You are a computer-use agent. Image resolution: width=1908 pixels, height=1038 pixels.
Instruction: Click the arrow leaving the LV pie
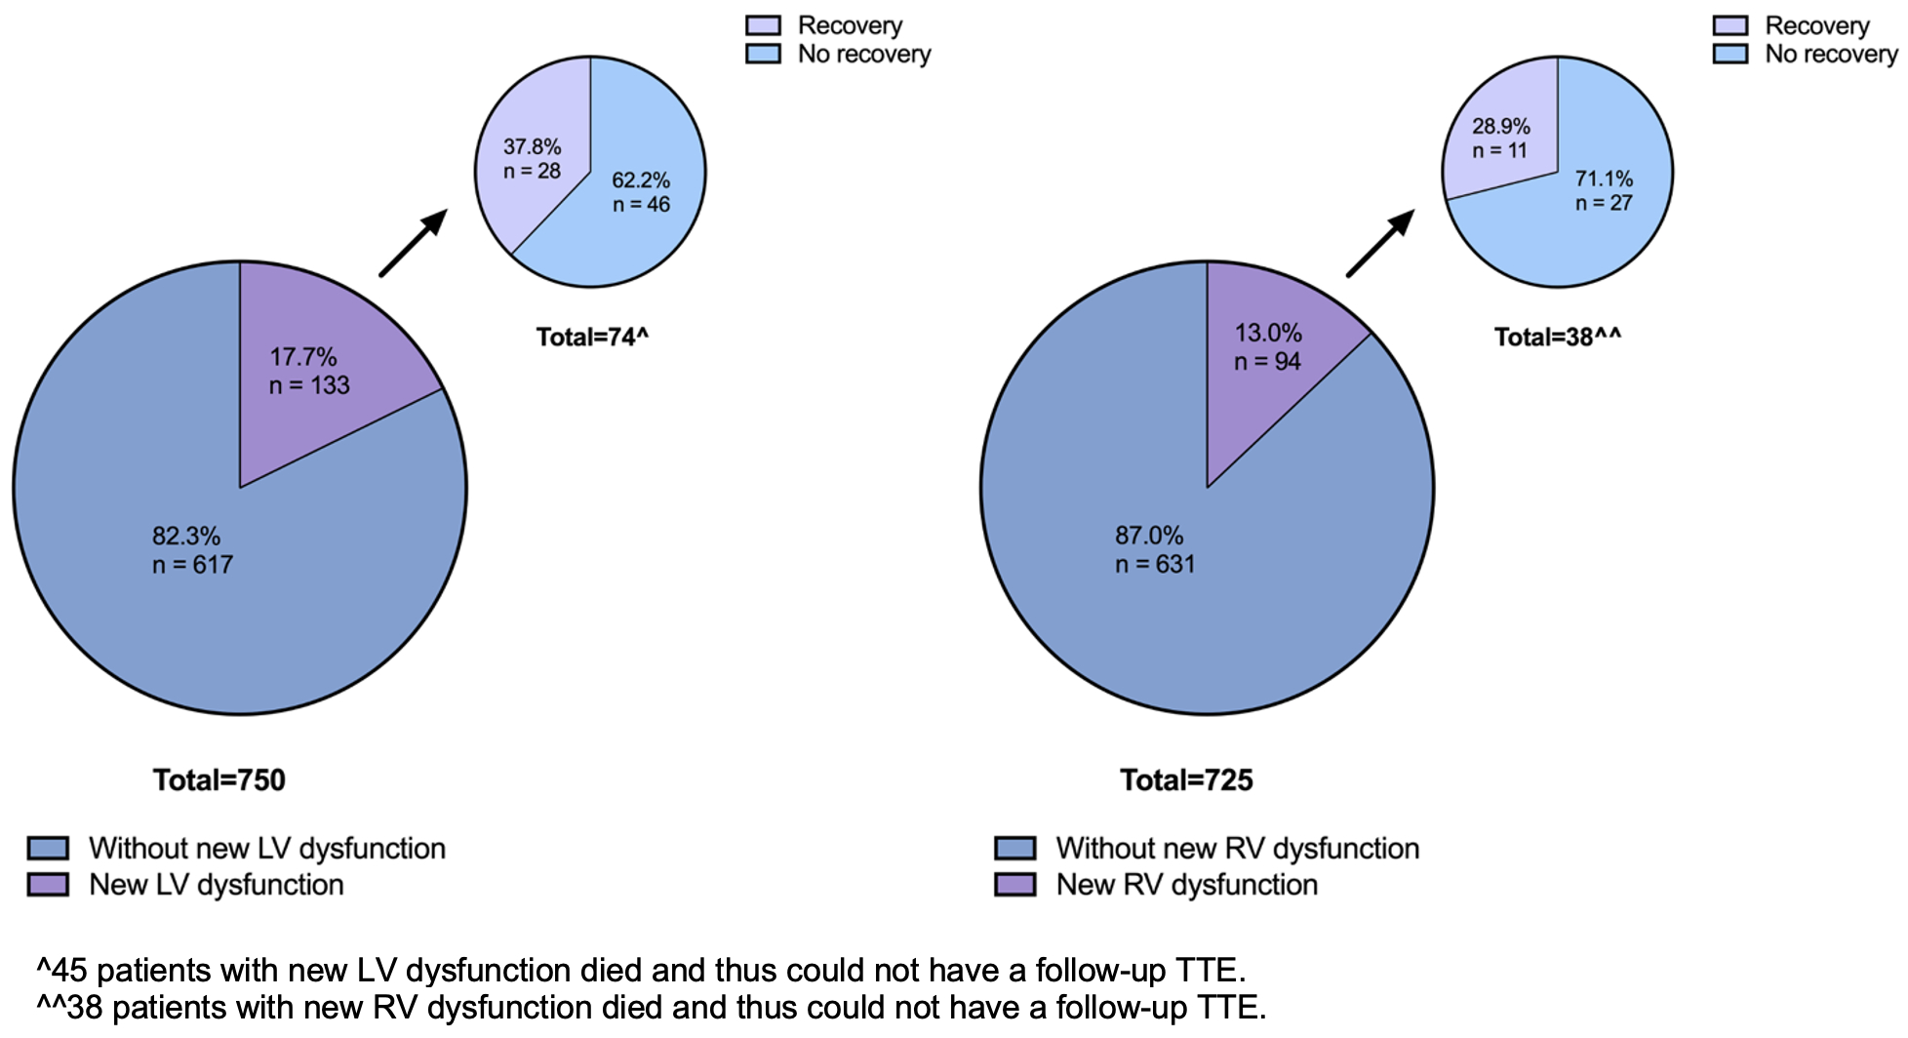coord(413,243)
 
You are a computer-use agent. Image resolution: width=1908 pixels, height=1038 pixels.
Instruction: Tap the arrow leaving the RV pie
coord(1379,243)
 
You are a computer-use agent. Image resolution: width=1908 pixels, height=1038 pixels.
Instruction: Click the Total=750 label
coord(219,780)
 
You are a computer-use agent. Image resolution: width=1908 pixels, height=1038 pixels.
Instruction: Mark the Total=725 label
coord(1186,780)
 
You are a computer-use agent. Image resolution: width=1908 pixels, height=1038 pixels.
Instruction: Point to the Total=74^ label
coord(592,338)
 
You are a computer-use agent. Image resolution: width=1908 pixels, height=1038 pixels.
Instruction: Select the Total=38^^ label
coord(1558,338)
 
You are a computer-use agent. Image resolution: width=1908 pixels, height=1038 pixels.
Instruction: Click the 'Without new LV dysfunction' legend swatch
coord(48,848)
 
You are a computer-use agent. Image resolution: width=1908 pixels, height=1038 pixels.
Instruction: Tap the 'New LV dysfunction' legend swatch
coord(48,885)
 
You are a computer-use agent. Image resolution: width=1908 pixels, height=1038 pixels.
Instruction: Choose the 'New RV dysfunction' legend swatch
coord(1014,885)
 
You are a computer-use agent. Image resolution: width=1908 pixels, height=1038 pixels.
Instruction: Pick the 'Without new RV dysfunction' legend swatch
coord(1014,848)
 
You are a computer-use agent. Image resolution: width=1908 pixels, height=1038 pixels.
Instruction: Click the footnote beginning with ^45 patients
coord(641,971)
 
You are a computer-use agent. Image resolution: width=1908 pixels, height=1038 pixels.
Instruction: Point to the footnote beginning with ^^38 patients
coord(651,1007)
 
